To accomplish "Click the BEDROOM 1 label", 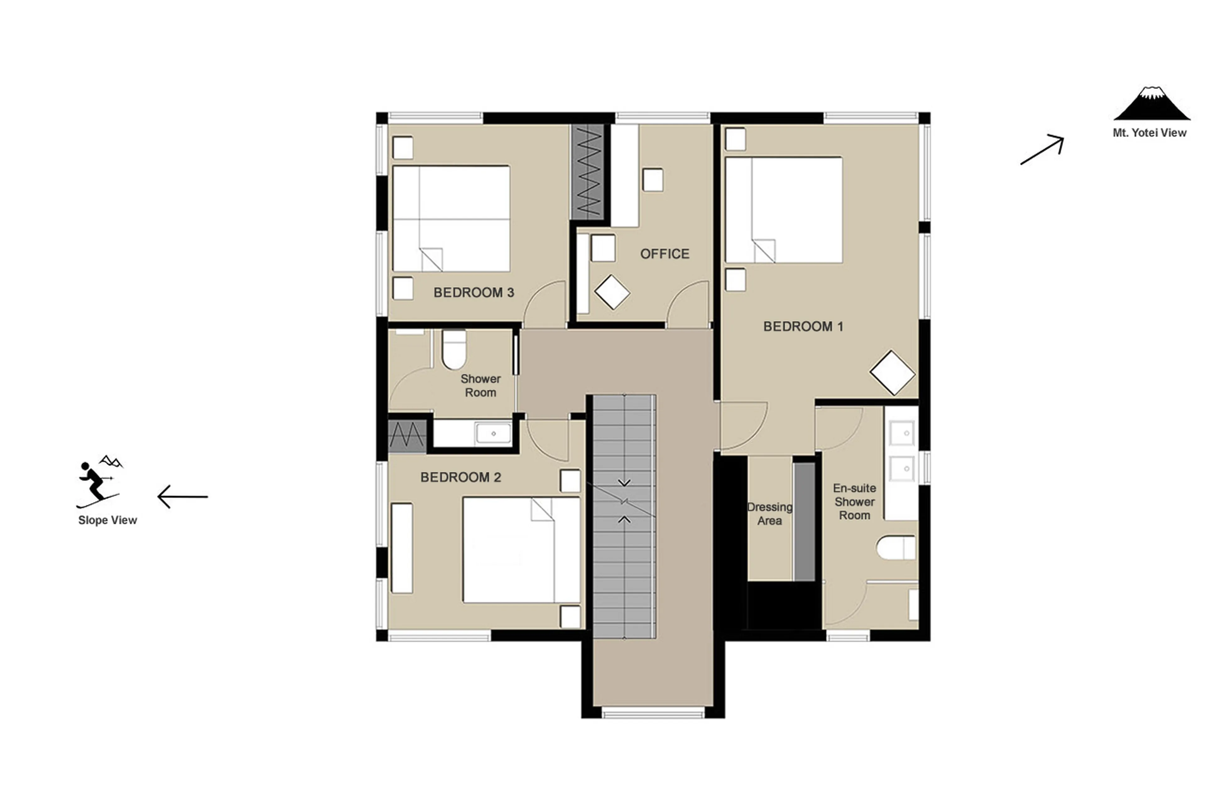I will coord(803,327).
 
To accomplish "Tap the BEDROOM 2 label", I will coord(460,477).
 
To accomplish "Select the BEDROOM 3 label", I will coord(474,293).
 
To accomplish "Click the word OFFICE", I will coord(664,254).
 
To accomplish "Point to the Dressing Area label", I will coord(769,514).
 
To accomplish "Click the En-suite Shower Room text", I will coord(854,502).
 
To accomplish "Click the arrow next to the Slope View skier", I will coord(182,496).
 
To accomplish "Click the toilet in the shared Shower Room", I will coord(454,349).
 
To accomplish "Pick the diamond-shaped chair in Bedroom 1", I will coord(892,373).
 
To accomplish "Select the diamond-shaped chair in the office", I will coord(612,292).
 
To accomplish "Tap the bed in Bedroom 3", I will coord(451,218).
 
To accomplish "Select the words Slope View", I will coord(108,520).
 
